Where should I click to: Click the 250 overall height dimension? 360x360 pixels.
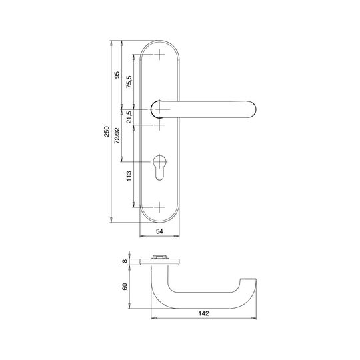click(107, 131)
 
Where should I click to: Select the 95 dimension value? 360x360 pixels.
click(117, 75)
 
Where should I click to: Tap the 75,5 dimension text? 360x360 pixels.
click(129, 82)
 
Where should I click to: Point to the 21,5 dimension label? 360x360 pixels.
click(129, 117)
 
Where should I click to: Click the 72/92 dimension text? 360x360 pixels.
click(117, 136)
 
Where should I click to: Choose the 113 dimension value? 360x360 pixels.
click(129, 176)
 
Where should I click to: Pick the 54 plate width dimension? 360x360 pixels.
click(159, 231)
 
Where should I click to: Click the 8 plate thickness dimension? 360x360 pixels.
click(125, 261)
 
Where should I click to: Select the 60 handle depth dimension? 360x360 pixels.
click(125, 287)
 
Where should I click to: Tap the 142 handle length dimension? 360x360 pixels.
click(204, 313)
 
